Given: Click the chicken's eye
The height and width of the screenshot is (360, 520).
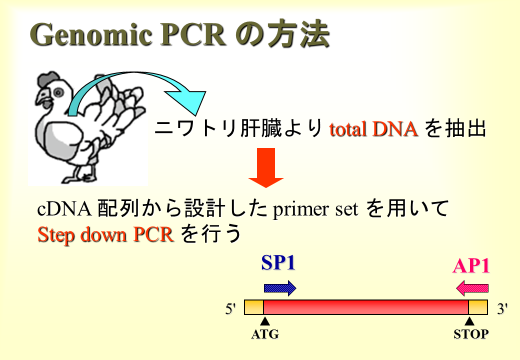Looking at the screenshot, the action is coord(58,92).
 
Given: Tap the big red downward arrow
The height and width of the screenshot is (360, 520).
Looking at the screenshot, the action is coord(266,167).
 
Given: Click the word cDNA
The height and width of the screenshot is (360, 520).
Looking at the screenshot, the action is coord(64,209).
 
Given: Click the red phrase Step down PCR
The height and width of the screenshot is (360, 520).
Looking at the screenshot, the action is coord(106,234).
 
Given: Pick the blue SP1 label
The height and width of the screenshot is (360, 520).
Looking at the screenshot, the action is coord(278,263).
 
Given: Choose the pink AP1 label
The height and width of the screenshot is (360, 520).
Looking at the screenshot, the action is coord(471,265).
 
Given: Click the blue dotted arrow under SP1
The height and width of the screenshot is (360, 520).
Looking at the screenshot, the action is coord(280,288).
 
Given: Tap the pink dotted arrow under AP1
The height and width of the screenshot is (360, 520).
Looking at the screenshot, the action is coord(472,288).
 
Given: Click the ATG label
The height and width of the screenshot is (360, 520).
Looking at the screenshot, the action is coord(265,334).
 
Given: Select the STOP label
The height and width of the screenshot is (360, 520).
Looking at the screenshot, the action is coord(471,334).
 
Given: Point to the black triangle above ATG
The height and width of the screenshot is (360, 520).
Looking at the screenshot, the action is coord(264,321).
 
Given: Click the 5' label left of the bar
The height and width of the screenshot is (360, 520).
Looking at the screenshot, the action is coord(230,309).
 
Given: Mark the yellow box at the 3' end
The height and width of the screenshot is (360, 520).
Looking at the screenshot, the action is coord(478,307).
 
